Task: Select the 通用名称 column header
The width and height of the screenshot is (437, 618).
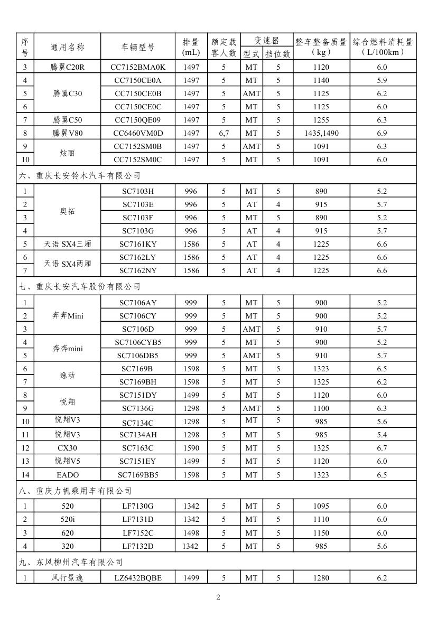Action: [x=67, y=47]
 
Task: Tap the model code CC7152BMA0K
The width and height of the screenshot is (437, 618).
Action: [x=138, y=67]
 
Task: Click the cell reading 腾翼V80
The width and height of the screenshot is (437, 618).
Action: [x=67, y=133]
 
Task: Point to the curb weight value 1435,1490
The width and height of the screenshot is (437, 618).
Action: [x=321, y=133]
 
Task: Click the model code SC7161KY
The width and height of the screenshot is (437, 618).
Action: [x=138, y=244]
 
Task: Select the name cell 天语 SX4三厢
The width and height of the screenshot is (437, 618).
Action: [x=67, y=244]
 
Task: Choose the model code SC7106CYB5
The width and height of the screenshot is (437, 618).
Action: [x=138, y=342]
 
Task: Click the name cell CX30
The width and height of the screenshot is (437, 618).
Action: [x=67, y=448]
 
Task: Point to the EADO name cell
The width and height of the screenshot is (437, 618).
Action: [x=67, y=474]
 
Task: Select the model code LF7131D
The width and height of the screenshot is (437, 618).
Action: [x=138, y=519]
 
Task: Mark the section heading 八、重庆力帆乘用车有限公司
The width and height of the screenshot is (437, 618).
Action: [x=76, y=491]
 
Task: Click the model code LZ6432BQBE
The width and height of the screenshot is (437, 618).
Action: [x=138, y=578]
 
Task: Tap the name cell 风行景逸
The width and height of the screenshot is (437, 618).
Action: [x=67, y=578]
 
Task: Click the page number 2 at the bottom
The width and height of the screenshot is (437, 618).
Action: [x=218, y=597]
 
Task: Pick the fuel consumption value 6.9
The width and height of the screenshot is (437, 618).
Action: [x=382, y=133]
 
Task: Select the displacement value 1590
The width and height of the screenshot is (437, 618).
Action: [x=191, y=448]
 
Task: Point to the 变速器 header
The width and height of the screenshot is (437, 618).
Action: [x=266, y=40]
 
